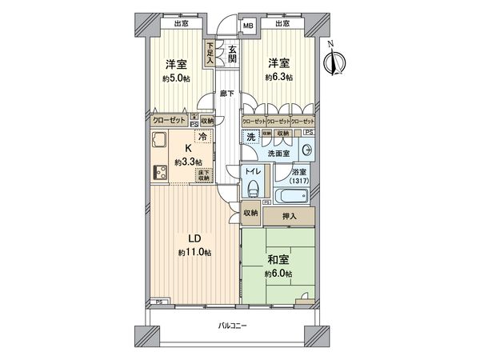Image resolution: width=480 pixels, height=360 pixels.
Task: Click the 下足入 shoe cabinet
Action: pyautogui.click(x=210, y=54)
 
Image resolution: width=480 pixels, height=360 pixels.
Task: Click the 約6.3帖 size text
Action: pyautogui.click(x=280, y=78)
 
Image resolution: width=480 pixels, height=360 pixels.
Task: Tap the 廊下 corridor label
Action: pyautogui.click(x=228, y=94)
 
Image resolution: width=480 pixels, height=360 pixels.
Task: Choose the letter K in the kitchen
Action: pyautogui.click(x=190, y=148)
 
